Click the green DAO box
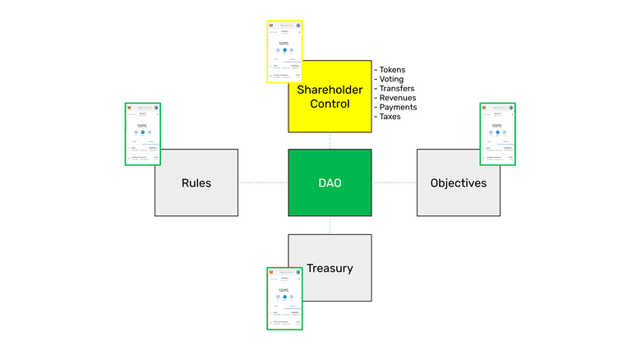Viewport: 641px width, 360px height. point(330,182)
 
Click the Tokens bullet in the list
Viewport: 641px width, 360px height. point(394,69)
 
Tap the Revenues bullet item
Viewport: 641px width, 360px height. point(398,98)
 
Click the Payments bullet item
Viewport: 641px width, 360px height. point(398,107)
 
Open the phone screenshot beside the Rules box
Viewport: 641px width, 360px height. point(141,133)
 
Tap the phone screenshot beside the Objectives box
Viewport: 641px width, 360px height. point(497,133)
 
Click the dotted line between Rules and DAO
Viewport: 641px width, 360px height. point(263,182)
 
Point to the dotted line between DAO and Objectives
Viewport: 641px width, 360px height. point(394,182)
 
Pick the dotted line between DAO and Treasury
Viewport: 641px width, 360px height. point(330,225)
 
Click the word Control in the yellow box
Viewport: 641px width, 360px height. point(330,104)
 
